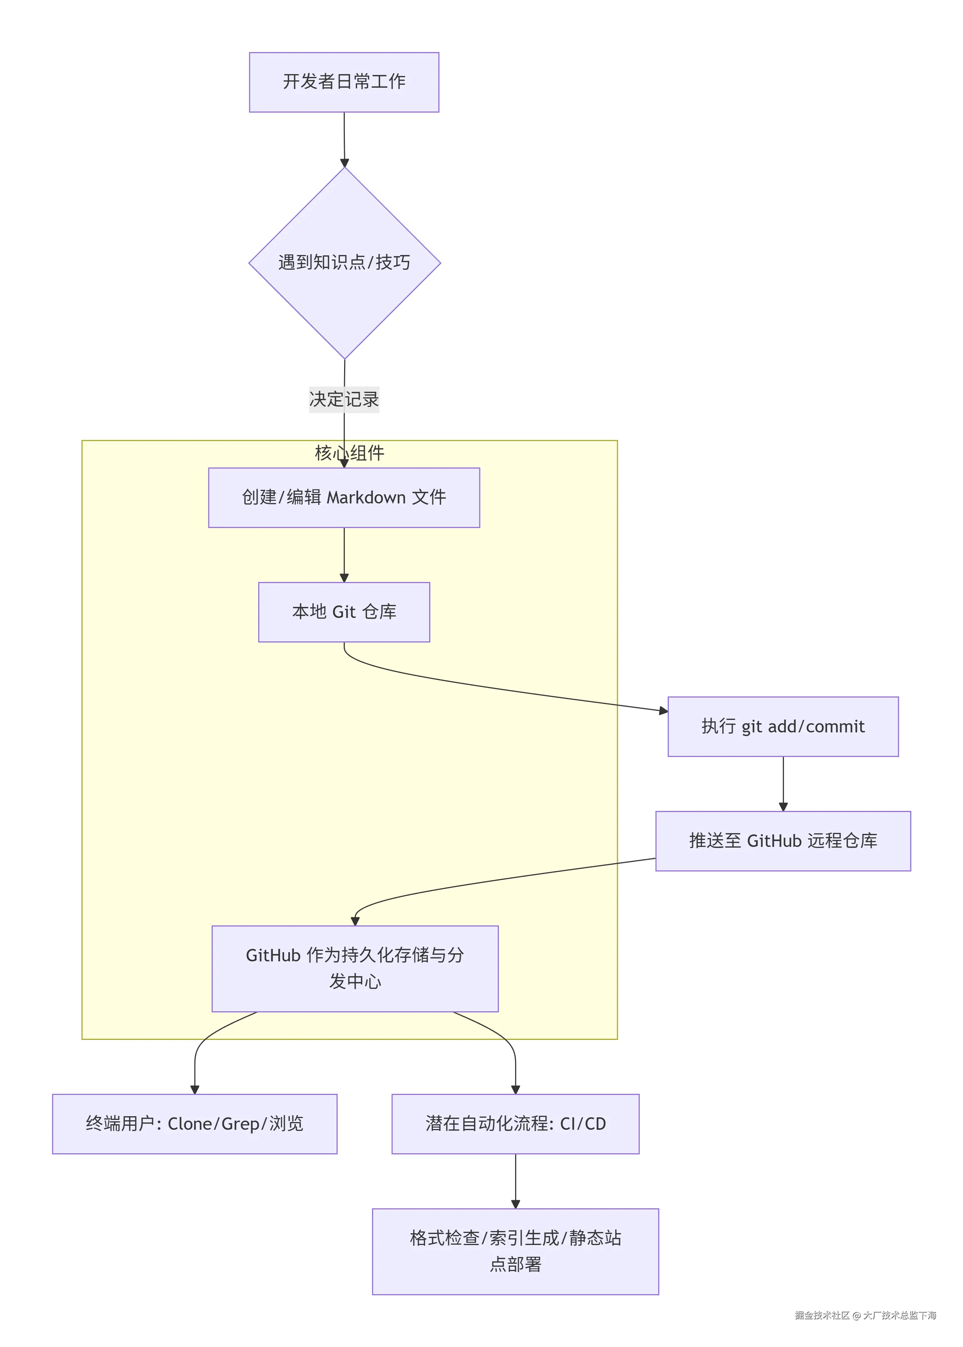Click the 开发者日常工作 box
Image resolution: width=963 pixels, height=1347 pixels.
[x=344, y=82]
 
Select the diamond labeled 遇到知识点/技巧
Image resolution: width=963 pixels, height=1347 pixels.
[x=344, y=263]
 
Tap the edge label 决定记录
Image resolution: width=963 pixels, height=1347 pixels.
[x=344, y=399]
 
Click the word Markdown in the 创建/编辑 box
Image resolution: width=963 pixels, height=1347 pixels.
[x=366, y=498]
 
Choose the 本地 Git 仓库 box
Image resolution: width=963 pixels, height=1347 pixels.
[x=344, y=612]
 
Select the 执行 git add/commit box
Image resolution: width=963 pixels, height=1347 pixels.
[x=783, y=727]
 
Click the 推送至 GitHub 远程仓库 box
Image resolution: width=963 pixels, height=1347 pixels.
[x=783, y=841]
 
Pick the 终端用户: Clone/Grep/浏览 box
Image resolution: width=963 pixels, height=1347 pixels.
[x=194, y=1124]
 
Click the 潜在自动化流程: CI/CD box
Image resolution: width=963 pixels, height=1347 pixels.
[x=515, y=1124]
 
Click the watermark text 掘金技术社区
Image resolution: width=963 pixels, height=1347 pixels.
[x=822, y=1315]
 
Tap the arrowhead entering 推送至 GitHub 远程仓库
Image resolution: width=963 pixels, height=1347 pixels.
[x=783, y=807]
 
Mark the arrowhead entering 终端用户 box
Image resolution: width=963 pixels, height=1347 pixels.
[x=194, y=1089]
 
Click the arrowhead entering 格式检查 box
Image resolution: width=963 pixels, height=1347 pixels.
[x=515, y=1204]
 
